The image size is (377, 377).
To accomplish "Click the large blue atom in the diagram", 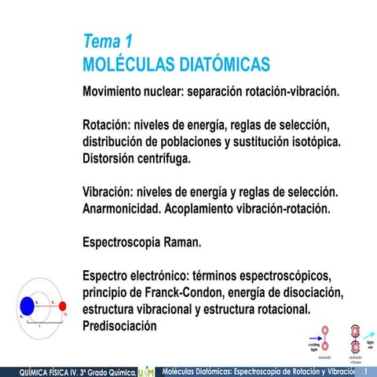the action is [27, 305].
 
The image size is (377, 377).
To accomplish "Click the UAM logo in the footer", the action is [147, 370].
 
